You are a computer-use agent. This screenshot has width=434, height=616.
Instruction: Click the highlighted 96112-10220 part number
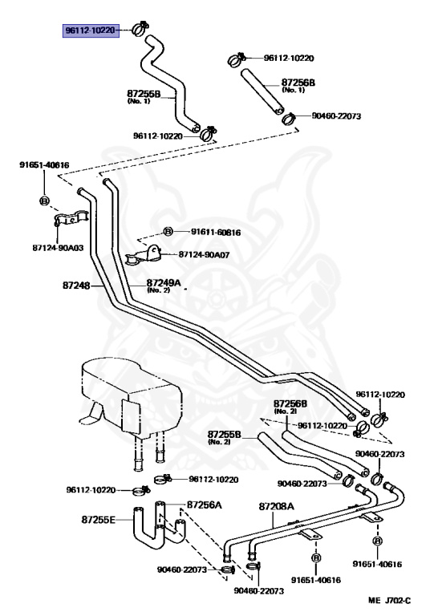click(x=91, y=30)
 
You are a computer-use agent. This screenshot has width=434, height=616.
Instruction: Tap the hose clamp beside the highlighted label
click(x=140, y=27)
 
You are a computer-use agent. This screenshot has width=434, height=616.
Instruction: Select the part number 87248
click(x=76, y=285)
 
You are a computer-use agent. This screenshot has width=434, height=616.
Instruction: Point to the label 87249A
click(x=164, y=282)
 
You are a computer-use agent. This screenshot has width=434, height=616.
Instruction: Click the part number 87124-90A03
click(x=58, y=248)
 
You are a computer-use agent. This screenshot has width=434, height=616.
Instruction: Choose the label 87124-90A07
click(x=204, y=254)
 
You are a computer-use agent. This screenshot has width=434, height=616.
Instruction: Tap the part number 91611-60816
click(x=216, y=232)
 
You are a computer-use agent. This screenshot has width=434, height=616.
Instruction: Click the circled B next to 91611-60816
click(x=168, y=232)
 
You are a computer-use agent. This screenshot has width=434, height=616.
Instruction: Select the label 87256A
click(x=205, y=505)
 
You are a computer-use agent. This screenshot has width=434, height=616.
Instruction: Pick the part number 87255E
click(x=98, y=520)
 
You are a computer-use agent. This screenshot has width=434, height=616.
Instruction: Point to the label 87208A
click(x=276, y=506)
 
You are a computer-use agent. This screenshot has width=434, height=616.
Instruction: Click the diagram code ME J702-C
click(x=389, y=600)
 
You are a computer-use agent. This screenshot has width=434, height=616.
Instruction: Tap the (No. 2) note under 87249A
click(x=158, y=290)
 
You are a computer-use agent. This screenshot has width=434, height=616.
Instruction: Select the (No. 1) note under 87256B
click(x=294, y=90)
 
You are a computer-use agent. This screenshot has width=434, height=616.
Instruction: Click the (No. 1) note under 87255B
click(x=139, y=101)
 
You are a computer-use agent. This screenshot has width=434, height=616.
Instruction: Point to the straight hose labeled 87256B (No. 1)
click(x=262, y=91)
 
